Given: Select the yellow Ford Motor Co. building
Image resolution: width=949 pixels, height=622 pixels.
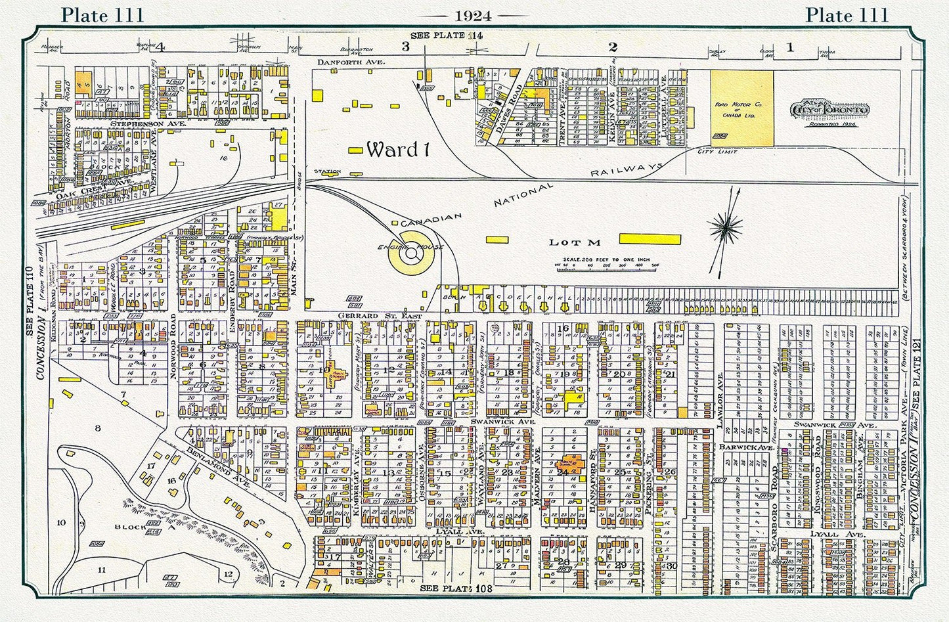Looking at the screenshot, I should (x=741, y=108).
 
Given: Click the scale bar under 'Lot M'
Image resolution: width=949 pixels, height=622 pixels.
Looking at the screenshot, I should (x=602, y=265).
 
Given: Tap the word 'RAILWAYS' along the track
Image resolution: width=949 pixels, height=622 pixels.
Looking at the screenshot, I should (x=625, y=170).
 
